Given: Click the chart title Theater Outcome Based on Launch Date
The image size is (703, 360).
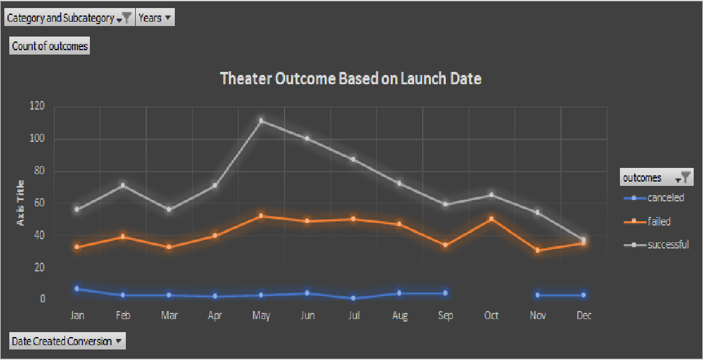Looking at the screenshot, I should click(351, 79).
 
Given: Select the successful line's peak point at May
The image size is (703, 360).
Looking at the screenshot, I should click(261, 120).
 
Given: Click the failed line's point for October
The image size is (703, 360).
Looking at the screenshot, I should click(492, 218).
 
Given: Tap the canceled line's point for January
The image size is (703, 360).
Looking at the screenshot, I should click(77, 289).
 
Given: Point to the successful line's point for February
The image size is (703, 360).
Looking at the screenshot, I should click(123, 185).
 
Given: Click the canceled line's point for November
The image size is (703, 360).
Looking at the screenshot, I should click(537, 295).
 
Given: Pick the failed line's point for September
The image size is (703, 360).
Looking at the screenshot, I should click(445, 245).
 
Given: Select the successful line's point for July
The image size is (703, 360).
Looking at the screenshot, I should click(353, 159).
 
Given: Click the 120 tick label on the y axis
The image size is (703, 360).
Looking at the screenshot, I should click(37, 106).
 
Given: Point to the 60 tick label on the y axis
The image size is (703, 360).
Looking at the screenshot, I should click(39, 203).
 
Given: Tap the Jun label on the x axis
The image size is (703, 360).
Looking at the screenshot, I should click(307, 315).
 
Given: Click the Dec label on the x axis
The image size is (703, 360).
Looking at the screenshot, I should click(583, 315).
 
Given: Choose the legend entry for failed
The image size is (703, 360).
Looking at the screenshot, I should click(658, 221).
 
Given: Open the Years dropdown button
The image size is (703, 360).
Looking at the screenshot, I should click(154, 18).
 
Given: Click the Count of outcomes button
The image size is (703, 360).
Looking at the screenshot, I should click(50, 46).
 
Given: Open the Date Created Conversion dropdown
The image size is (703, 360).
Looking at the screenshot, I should click(67, 341).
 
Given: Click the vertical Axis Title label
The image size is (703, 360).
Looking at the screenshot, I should click(20, 203).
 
